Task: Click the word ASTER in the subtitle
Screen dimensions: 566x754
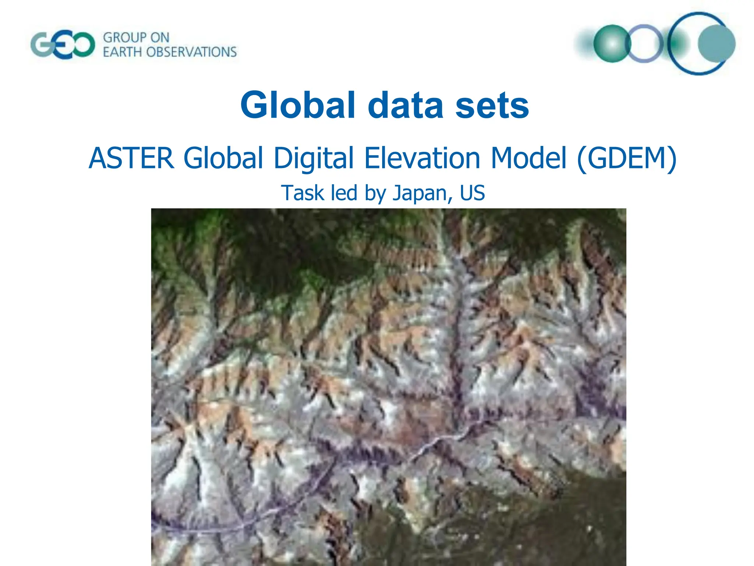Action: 131,158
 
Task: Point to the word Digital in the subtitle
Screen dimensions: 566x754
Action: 314,158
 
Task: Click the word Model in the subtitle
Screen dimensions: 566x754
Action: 528,158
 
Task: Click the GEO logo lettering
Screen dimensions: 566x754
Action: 62,45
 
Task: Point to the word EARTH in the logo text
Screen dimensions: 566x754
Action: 122,52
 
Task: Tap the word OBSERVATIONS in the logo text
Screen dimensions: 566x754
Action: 191,52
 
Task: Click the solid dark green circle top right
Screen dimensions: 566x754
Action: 612,43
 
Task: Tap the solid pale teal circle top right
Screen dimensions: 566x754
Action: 716,43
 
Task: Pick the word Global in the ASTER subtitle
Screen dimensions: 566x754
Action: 223,158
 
